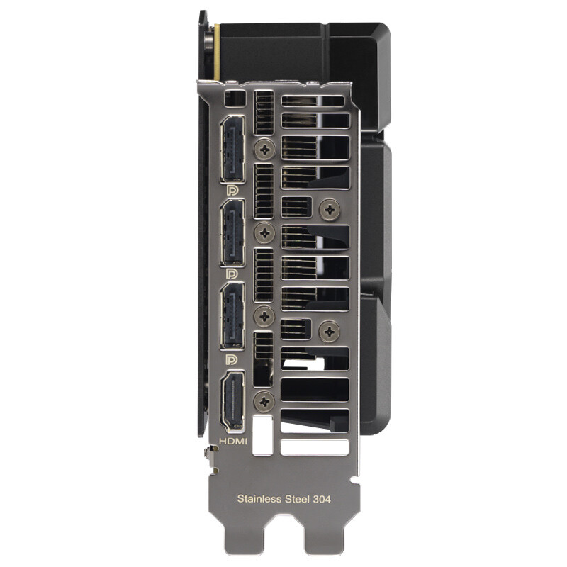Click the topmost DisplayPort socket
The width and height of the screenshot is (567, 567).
pyautogui.click(x=232, y=149)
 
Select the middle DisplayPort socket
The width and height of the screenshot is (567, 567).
pyautogui.click(x=232, y=233)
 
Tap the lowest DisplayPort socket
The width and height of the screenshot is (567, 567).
pyautogui.click(x=232, y=316)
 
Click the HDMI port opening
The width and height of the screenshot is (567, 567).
pyautogui.click(x=232, y=401)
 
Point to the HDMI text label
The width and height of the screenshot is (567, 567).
pyautogui.click(x=233, y=441)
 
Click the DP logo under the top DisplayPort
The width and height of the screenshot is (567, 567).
pyautogui.click(x=232, y=190)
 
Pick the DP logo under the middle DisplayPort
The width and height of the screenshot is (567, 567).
pyautogui.click(x=232, y=274)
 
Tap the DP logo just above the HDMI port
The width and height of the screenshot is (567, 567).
pyautogui.click(x=232, y=359)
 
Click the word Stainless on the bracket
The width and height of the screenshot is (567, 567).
pyautogui.click(x=259, y=499)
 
